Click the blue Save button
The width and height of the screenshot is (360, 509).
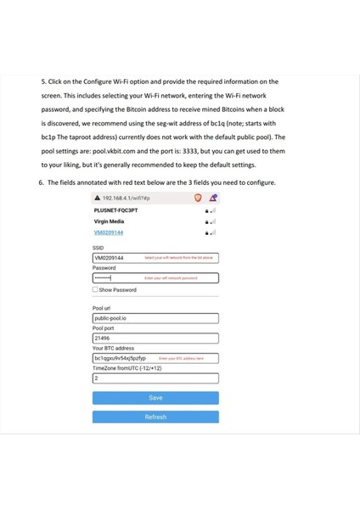[x=155, y=397]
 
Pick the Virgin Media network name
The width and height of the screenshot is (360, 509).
[x=109, y=221]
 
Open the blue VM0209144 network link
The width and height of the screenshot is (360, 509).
[x=108, y=232]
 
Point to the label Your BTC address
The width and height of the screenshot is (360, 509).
[x=113, y=348]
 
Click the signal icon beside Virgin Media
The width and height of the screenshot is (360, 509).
[x=212, y=221]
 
